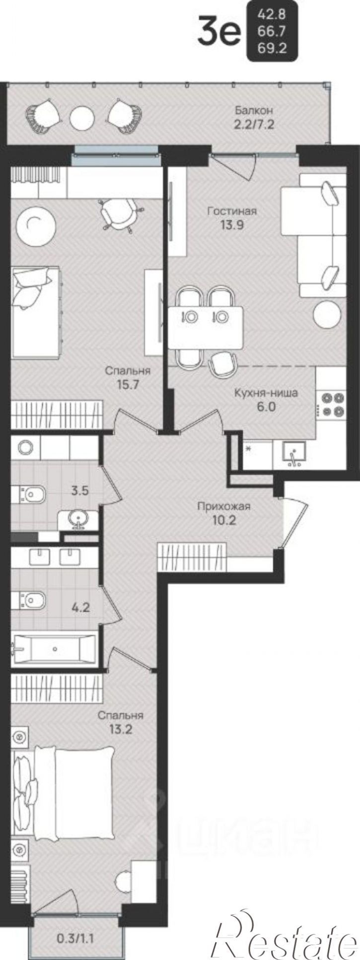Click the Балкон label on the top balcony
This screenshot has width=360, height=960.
click(254, 110)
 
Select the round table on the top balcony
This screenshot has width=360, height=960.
click(82, 118)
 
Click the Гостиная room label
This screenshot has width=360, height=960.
click(232, 211)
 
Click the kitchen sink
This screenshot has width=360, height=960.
click(294, 454)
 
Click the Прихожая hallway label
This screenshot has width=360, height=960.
click(223, 507)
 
